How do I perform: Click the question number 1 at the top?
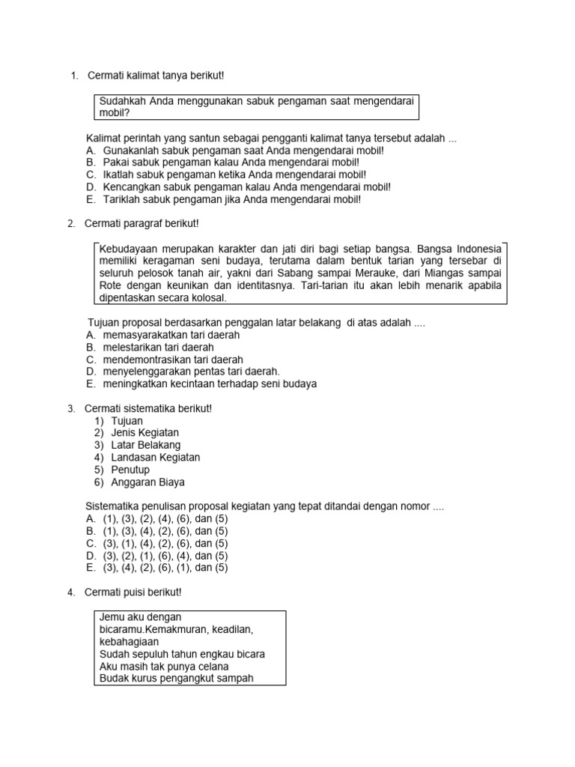tap(73, 76)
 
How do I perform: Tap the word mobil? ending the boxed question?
tap(115, 113)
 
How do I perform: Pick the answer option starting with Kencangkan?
tap(246, 187)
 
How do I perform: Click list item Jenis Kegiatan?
tap(144, 433)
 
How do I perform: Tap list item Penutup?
tap(130, 470)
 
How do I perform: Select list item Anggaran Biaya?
tap(147, 482)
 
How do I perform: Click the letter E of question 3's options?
tap(90, 568)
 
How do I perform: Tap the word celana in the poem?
tap(212, 666)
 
